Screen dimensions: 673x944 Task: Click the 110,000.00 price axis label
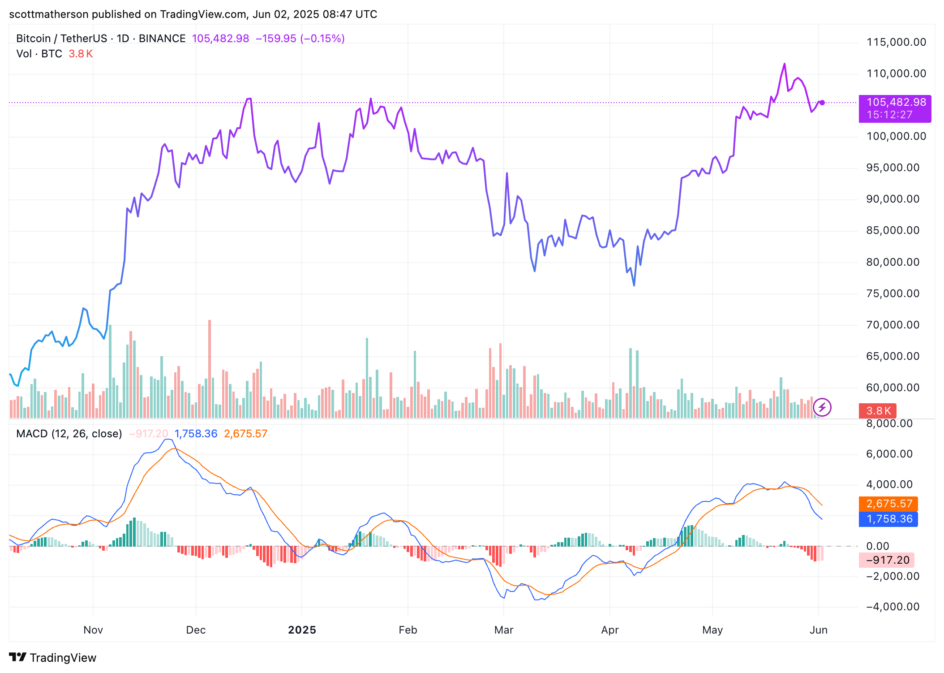point(896,73)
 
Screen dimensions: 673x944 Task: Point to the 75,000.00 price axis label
point(893,293)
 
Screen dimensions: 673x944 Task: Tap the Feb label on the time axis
point(408,630)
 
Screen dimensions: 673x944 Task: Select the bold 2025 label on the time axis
point(302,630)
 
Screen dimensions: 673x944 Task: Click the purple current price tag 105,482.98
point(895,103)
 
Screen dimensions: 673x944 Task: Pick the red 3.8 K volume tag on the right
point(877,410)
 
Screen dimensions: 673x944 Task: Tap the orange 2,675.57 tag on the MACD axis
point(888,504)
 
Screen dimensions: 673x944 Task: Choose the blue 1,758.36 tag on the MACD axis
point(888,519)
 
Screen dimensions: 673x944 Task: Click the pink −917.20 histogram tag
point(887,560)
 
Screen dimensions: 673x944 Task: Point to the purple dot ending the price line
point(822,103)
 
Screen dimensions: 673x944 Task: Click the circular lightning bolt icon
point(822,407)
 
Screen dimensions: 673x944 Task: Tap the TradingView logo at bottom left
point(53,657)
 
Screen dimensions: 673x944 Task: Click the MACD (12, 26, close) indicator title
point(69,434)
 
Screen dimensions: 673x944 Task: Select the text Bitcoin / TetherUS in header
point(61,39)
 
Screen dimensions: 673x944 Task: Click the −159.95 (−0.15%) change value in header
point(300,39)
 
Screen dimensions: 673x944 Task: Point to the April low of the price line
point(634,285)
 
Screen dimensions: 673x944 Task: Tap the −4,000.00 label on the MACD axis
point(893,607)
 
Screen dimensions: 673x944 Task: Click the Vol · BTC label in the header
point(39,54)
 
